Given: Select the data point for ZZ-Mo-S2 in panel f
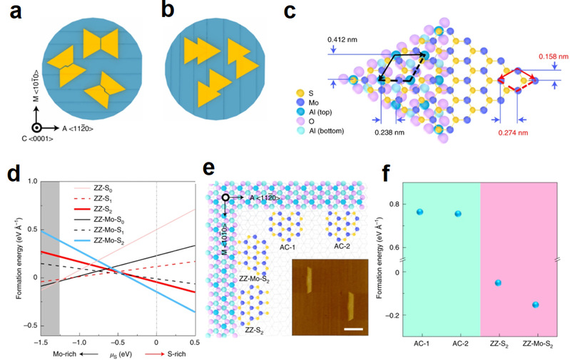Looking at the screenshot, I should [534, 304].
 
